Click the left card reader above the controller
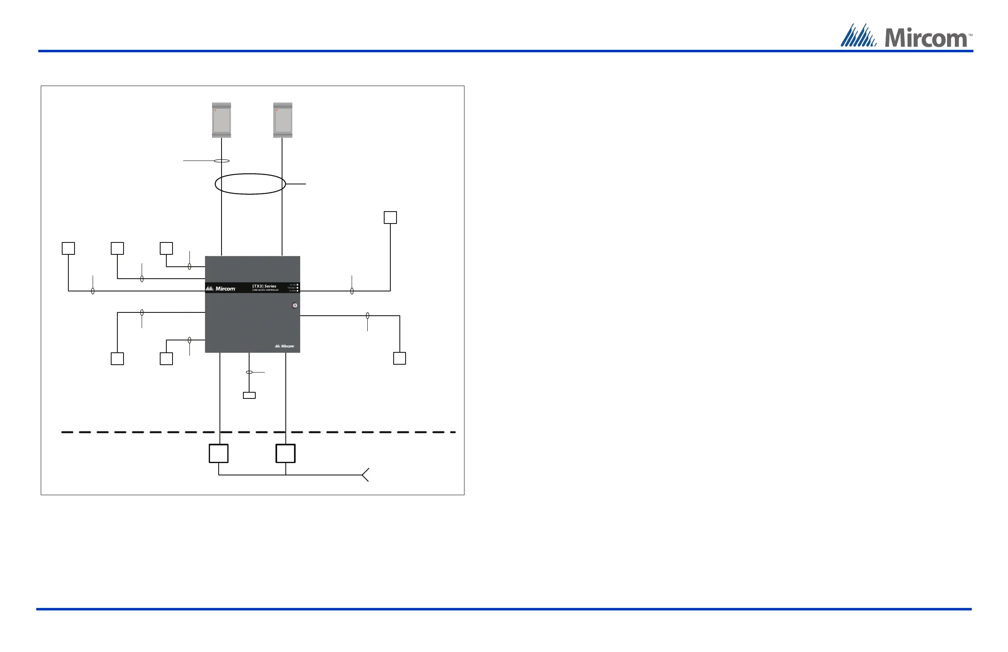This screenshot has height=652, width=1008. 222,120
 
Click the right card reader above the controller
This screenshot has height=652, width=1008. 283,120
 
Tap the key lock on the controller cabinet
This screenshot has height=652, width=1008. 295,305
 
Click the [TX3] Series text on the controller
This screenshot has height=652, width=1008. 264,286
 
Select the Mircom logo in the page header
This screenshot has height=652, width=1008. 906,36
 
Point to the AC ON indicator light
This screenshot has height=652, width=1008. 298,284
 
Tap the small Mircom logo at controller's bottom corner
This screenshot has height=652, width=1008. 285,346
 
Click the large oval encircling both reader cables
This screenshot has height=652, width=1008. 250,184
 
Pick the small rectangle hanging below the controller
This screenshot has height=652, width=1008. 249,396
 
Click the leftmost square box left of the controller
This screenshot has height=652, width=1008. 68,249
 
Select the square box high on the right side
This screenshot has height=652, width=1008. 390,218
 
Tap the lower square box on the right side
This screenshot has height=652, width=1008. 399,358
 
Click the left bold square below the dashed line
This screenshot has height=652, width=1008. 219,454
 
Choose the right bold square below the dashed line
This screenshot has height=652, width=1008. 285,454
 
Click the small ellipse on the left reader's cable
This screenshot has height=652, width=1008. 222,161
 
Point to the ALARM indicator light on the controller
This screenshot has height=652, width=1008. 298,291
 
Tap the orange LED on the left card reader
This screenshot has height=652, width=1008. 215,110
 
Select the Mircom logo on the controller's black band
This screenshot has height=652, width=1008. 221,289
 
